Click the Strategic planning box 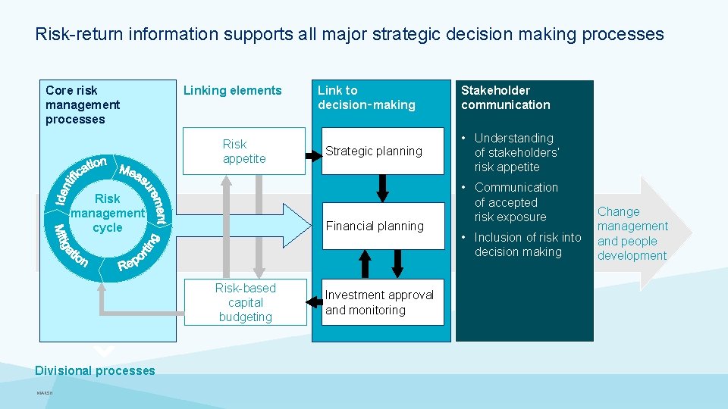pos(382,151)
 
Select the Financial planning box pos(382,226)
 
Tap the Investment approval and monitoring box pos(382,302)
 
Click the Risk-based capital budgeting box pos(245,302)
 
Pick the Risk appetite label pos(244,151)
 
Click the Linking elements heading pos(232,91)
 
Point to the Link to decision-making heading pos(366,98)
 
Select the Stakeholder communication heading pos(505,98)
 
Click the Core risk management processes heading pos(83,105)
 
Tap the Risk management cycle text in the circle pos(107,213)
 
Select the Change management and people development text pos(632,233)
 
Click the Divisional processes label pos(95,370)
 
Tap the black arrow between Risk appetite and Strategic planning pos(312,156)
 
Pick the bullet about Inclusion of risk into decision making pos(527,245)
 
